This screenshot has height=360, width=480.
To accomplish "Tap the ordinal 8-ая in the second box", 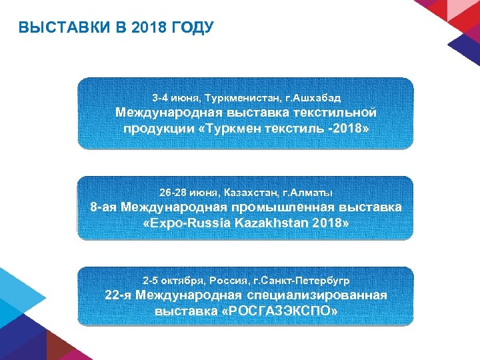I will tap(104, 207).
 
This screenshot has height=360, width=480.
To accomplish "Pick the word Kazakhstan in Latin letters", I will tap(269, 222).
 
